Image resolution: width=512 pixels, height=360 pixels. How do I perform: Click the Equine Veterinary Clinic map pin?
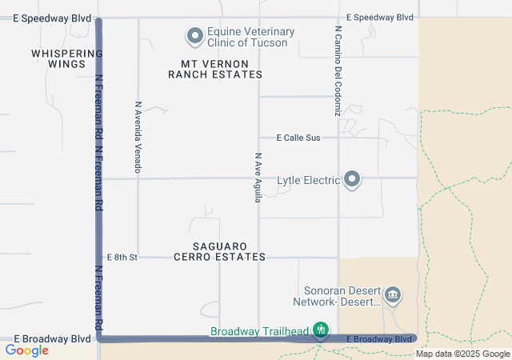click(x=194, y=36)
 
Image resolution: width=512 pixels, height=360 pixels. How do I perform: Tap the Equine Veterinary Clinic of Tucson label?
click(x=250, y=37)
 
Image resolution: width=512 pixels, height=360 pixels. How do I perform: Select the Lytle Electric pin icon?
click(x=351, y=180)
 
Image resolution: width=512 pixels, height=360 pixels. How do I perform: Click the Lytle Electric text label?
click(x=308, y=181)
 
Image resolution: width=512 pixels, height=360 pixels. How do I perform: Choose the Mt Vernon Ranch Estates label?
click(x=215, y=68)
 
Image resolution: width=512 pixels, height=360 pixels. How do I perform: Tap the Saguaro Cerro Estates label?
click(x=219, y=251)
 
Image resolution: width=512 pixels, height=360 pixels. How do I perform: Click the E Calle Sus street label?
click(x=298, y=138)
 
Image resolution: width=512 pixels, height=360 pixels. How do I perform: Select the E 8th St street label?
click(x=122, y=257)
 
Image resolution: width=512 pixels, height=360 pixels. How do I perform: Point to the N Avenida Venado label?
click(x=138, y=137)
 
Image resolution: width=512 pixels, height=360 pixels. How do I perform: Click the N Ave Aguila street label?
click(x=258, y=178)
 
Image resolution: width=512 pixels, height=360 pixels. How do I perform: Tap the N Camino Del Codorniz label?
click(x=338, y=70)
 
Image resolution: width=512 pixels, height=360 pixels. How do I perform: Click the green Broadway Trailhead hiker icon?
click(x=321, y=330)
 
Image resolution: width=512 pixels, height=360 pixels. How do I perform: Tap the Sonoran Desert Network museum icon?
click(x=393, y=296)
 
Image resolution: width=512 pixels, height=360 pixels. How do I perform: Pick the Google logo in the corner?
click(x=27, y=350)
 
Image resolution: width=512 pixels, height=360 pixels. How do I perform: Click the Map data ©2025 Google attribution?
click(x=462, y=354)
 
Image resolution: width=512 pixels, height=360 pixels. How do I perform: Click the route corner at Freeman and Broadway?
click(x=100, y=338)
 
